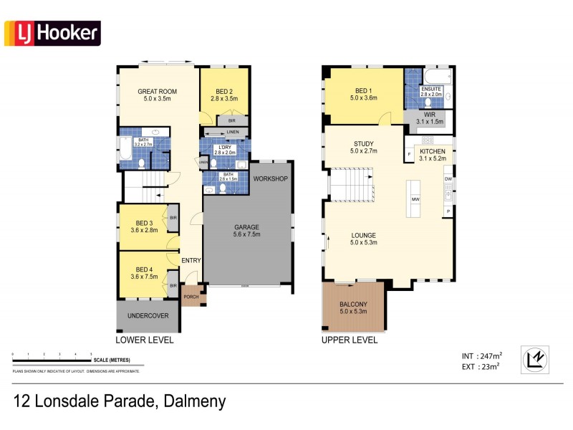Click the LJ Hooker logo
tap(52, 33)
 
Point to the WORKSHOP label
tap(270, 178)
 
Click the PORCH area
tap(191, 296)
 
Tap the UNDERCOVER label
tap(148, 315)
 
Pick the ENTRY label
tap(191, 260)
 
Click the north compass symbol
tap(534, 359)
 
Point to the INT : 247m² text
tap(481, 355)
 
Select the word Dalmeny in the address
tap(192, 401)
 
